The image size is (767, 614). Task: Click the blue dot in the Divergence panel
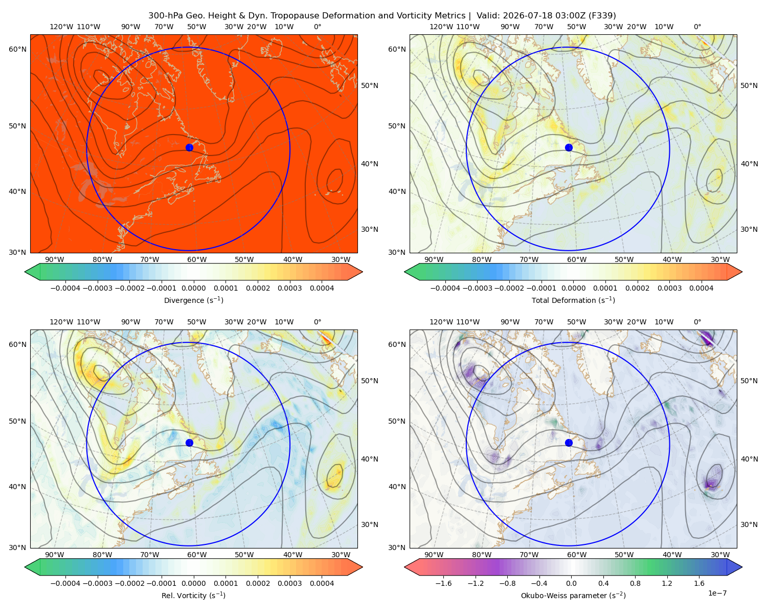click(x=189, y=147)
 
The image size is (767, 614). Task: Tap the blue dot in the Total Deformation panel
click(x=569, y=147)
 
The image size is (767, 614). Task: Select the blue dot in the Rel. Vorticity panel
click(x=189, y=443)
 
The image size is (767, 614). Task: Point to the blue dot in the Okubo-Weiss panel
click(x=569, y=443)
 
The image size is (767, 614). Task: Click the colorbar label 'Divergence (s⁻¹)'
click(x=193, y=300)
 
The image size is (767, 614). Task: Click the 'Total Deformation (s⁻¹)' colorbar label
click(x=573, y=300)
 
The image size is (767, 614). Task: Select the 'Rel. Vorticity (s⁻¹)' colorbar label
click(x=193, y=595)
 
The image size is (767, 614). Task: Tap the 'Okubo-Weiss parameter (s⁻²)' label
click(x=573, y=595)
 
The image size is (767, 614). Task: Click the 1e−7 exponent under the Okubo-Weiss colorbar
click(x=717, y=593)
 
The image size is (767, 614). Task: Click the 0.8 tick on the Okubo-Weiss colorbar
click(x=635, y=583)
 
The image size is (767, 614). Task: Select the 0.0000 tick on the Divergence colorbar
click(x=193, y=288)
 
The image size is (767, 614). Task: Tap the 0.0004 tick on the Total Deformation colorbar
click(x=701, y=288)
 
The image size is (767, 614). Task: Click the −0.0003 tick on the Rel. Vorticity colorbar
click(x=97, y=583)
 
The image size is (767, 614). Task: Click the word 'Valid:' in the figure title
click(x=489, y=16)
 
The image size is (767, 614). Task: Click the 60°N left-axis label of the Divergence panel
click(x=17, y=49)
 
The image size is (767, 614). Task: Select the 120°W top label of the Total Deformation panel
click(x=441, y=27)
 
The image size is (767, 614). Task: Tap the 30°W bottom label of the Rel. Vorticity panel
click(x=341, y=555)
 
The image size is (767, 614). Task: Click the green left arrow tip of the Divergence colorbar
click(x=25, y=272)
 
